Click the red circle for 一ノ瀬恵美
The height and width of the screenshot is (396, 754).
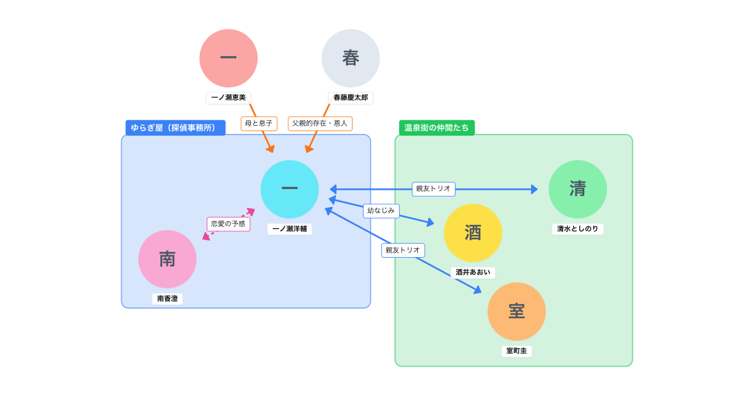click(229, 58)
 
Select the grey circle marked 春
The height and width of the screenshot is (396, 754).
click(351, 58)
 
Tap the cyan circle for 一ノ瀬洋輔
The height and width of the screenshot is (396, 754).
click(290, 189)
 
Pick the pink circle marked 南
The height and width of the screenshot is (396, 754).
click(167, 259)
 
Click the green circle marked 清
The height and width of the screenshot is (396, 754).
click(577, 189)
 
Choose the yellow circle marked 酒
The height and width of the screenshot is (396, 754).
click(473, 233)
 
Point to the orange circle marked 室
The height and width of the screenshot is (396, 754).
click(516, 311)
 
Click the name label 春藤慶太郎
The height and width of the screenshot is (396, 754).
click(351, 98)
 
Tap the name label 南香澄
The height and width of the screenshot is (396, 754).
click(167, 299)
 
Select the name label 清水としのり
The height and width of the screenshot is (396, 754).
click(577, 229)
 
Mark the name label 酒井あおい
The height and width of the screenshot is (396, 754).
click(473, 272)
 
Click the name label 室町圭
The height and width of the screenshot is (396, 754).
click(516, 351)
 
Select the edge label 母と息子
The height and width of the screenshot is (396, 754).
click(259, 123)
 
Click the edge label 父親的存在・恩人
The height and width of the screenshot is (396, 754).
click(320, 123)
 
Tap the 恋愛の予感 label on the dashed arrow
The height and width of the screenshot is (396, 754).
click(228, 224)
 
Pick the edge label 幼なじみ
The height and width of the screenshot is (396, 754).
click(381, 211)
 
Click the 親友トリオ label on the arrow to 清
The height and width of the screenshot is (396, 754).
click(434, 189)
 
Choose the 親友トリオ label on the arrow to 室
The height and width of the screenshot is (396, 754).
click(403, 250)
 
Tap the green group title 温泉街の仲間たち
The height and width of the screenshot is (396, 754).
click(437, 128)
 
